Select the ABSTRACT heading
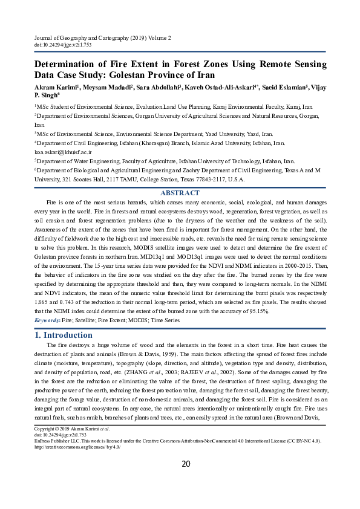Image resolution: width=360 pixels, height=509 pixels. pyautogui.click(x=180, y=193)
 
